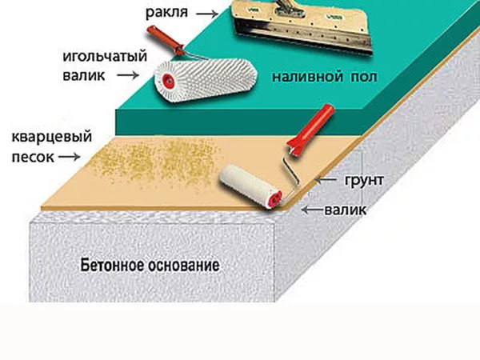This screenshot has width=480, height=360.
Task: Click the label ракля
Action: (x=166, y=13)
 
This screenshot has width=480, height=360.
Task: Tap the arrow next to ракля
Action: (x=207, y=14)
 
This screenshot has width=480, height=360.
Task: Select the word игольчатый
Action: (x=105, y=58)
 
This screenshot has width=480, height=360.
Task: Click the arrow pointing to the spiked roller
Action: (x=128, y=75)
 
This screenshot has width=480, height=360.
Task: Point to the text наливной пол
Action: (x=325, y=77)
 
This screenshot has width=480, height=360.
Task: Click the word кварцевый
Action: (x=52, y=137)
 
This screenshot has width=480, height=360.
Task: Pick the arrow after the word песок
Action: (x=69, y=157)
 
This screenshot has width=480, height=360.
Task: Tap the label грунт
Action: (x=364, y=180)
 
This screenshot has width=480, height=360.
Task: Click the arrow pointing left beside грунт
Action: (x=326, y=180)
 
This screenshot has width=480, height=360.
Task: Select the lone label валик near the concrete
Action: (x=345, y=210)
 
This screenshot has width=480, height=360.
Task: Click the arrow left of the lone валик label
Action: (x=312, y=210)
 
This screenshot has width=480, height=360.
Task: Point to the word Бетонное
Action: (x=112, y=265)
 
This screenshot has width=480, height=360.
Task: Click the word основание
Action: (x=184, y=265)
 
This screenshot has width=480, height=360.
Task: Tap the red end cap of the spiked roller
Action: (x=168, y=80)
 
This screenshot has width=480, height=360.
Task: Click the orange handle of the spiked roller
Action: (x=165, y=41)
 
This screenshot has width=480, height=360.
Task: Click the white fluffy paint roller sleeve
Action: (x=246, y=184)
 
